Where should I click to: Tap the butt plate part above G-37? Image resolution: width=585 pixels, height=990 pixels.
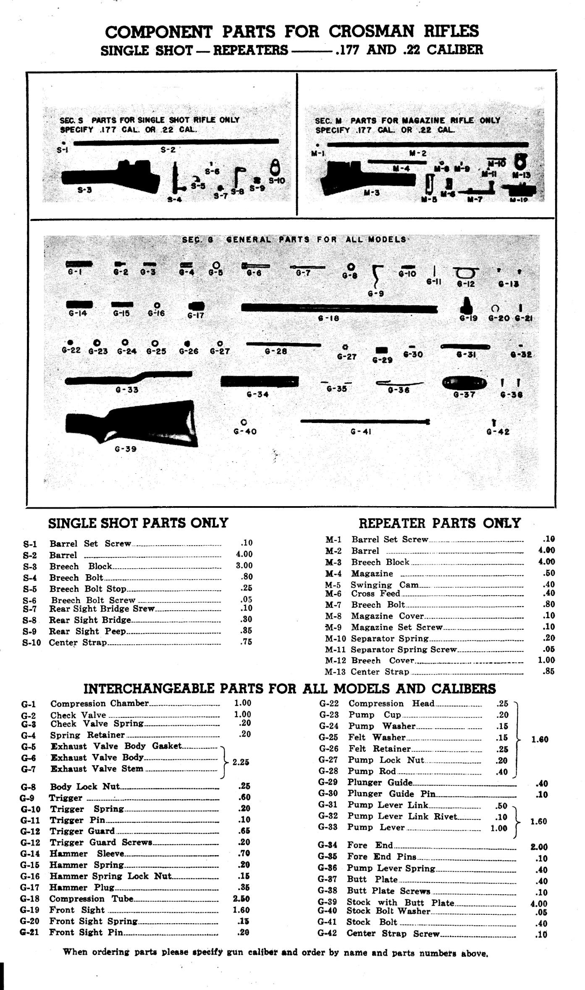464,383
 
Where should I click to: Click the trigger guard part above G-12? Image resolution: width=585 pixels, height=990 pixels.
465,273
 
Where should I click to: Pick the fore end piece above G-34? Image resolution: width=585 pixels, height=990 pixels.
259,381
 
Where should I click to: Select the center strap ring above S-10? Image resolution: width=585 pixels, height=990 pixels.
275,168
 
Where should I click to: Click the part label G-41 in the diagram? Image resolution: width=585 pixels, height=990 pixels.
361,431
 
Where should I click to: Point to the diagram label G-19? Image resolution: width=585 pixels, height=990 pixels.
468,318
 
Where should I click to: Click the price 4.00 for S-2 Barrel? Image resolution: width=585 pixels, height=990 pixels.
244,554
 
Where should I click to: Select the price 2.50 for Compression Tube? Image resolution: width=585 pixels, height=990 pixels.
241,899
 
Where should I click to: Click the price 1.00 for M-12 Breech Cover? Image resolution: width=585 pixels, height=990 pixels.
546,660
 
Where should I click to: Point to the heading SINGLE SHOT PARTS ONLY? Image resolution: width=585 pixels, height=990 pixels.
138,523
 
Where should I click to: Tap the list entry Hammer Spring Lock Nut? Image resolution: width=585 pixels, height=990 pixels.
111,876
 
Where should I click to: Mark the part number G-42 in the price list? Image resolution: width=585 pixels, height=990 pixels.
328,934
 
